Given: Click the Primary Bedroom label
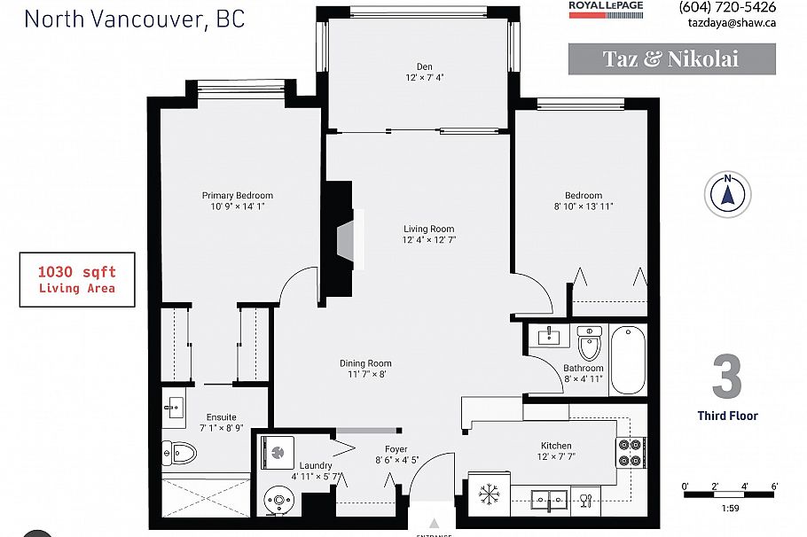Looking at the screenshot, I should (237, 195).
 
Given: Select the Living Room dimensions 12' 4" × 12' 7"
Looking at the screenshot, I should (428, 240).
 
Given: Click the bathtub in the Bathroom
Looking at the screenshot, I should (628, 359).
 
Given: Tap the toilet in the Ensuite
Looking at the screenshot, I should (180, 454).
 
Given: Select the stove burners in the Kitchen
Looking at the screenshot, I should (630, 452).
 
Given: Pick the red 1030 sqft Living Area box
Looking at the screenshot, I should (77, 279).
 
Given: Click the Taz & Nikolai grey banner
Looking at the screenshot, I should (671, 59).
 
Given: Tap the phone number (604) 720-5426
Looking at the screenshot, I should (726, 7).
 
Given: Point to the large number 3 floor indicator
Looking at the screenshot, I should (726, 377).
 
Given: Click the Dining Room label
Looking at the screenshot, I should (365, 363).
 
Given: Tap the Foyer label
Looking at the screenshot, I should (396, 448).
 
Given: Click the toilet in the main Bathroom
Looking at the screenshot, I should (589, 343).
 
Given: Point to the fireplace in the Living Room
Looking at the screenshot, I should (344, 239).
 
